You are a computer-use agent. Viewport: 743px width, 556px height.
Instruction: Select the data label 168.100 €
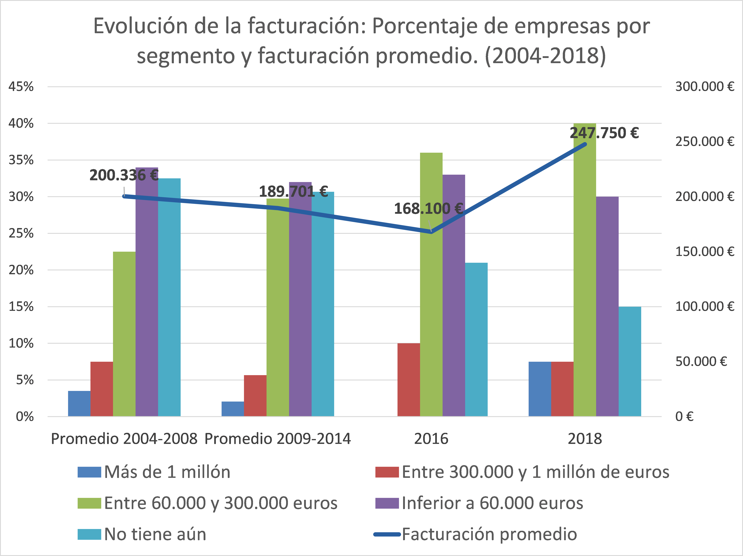(428, 209)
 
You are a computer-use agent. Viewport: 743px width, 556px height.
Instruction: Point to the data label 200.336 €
(124, 175)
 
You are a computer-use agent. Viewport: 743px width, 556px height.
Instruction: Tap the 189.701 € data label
(293, 191)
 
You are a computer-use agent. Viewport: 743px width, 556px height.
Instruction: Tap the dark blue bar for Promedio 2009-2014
(232, 409)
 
